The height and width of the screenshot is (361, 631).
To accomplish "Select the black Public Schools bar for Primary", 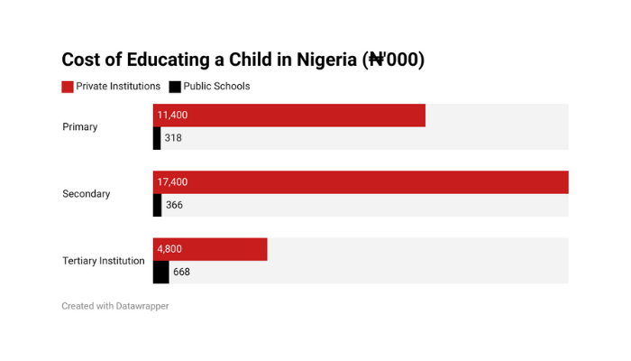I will point(157,138).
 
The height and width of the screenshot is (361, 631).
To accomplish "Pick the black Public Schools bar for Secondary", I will point(158,205).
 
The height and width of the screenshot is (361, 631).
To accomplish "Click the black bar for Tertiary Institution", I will point(161,272).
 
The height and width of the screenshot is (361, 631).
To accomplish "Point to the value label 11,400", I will point(172,116).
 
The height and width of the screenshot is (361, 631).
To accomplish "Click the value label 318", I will point(173,138).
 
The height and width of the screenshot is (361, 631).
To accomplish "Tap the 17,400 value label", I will point(172,182).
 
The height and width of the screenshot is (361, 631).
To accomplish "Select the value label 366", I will point(174,205).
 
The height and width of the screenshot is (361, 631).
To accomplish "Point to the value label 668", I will point(181,272).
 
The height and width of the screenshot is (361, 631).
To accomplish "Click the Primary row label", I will point(80,127).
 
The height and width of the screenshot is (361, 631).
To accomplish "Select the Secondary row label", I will point(87,194).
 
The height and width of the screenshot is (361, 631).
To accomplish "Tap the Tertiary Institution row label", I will point(104,261).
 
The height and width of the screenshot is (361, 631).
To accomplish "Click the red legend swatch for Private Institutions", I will point(68,87).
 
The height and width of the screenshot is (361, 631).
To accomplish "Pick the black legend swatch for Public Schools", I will point(175,87).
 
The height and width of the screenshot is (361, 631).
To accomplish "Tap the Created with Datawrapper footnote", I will point(115,306).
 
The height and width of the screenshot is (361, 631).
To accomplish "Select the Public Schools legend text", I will point(217,87).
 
